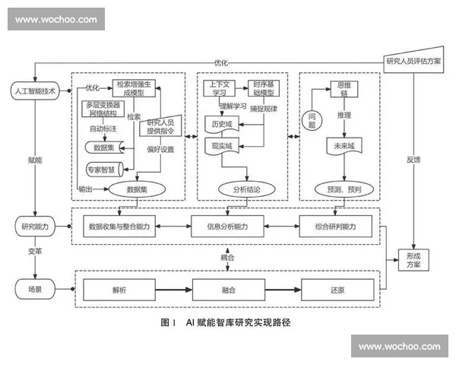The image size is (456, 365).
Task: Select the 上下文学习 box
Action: coord(218,87)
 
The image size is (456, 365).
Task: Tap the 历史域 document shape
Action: coord(222,122)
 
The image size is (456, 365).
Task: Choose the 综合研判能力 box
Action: coord(336,226)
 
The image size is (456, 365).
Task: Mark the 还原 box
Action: coord(337,290)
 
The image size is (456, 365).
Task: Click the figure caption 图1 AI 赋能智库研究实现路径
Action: coord(226,322)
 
